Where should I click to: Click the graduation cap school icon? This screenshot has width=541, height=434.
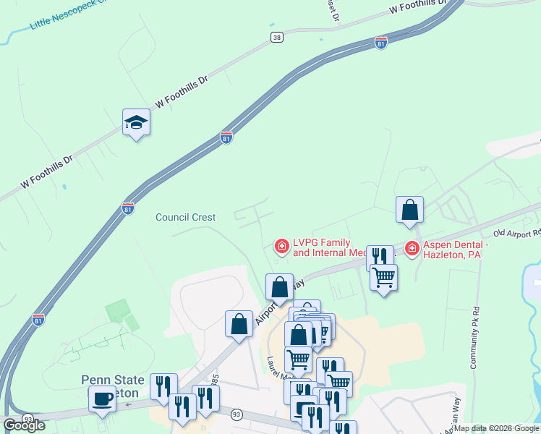(x=135, y=123)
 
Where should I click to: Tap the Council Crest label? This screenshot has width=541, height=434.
(x=186, y=217)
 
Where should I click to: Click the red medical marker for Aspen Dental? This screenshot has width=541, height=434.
(x=412, y=249)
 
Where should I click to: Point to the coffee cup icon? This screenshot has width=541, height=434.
(x=102, y=398)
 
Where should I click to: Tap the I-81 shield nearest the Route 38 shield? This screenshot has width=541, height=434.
(x=381, y=43)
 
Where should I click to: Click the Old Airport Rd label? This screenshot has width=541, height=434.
(x=516, y=234)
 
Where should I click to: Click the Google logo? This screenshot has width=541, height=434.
(x=25, y=425)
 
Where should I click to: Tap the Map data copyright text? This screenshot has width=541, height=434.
(x=497, y=428)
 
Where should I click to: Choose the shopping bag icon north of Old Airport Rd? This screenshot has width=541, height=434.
(x=409, y=210)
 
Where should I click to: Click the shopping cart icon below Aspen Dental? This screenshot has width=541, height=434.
(x=383, y=276)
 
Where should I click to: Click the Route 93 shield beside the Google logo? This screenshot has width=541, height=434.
(x=27, y=419)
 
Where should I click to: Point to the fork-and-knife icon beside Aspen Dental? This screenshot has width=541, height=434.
(x=379, y=257)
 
